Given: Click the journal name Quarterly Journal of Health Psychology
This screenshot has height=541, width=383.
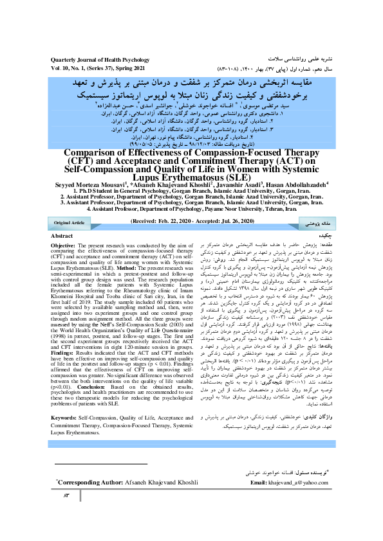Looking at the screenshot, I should (100, 59).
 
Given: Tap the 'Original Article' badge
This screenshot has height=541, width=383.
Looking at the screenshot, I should (69, 222).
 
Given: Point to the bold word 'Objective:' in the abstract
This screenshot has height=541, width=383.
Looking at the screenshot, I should (63, 245).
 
